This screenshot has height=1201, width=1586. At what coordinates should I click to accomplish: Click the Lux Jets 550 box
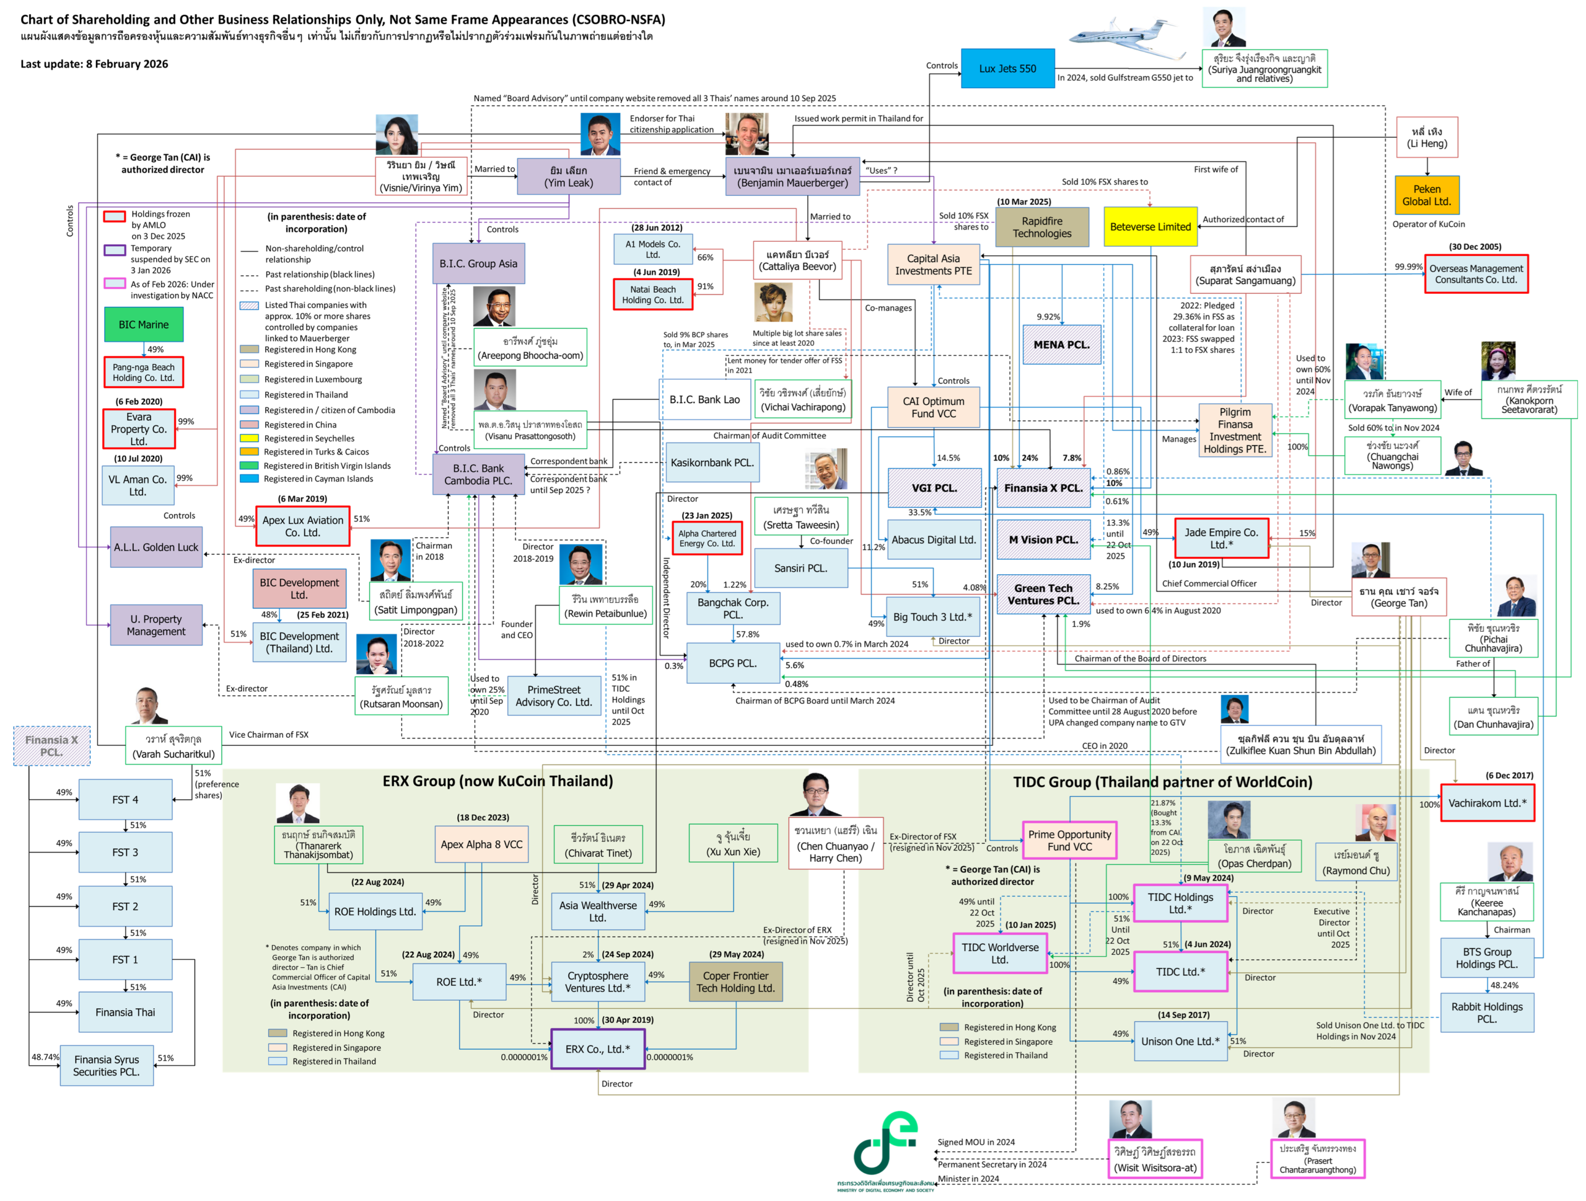(1007, 69)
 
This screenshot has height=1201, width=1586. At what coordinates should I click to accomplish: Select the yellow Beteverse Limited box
(1150, 227)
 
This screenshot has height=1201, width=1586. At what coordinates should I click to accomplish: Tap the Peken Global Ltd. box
(1426, 195)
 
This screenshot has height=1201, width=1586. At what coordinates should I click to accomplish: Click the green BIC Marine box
(143, 324)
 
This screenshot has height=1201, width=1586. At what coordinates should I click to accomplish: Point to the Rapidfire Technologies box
(1042, 228)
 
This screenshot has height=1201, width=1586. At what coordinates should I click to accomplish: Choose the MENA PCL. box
(1061, 344)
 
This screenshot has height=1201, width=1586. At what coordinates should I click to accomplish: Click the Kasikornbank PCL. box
(712, 463)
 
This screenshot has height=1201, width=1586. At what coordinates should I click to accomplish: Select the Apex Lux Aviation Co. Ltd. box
(302, 526)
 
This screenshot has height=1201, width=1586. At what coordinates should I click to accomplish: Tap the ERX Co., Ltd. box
(598, 1049)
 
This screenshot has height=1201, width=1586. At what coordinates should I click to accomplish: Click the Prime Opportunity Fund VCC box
(1069, 840)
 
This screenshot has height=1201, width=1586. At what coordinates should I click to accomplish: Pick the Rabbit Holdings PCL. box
(1486, 1013)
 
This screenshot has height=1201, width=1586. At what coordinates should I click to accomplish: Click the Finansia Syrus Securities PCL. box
(107, 1065)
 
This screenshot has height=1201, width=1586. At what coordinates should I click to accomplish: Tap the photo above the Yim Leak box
(600, 134)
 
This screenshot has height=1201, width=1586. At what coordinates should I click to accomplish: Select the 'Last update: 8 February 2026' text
(94, 64)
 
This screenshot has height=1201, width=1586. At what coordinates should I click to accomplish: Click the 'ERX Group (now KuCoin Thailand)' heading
(497, 781)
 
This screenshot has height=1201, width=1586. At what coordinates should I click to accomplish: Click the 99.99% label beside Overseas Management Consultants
(1408, 267)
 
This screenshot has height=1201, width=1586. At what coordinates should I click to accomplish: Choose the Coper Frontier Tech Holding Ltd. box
(735, 982)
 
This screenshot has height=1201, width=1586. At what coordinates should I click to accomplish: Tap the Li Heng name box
(1427, 137)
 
